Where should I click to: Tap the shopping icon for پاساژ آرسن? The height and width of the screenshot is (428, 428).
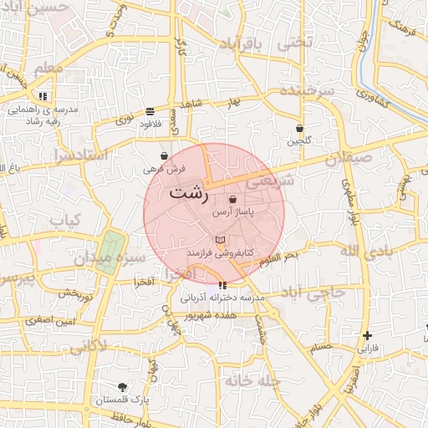coord(232,200)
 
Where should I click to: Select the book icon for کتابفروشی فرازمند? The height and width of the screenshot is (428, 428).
coord(220,240)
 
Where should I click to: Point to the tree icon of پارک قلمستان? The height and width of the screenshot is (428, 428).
coord(123,387)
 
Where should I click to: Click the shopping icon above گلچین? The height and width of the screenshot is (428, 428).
coord(299,128)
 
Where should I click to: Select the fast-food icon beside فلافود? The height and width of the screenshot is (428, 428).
coord(150,111)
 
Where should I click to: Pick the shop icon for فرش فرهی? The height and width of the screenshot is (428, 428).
coord(164,155)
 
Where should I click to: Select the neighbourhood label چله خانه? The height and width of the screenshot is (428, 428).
coord(248,380)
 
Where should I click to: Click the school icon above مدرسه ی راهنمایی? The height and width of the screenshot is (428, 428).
coord(43,96)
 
